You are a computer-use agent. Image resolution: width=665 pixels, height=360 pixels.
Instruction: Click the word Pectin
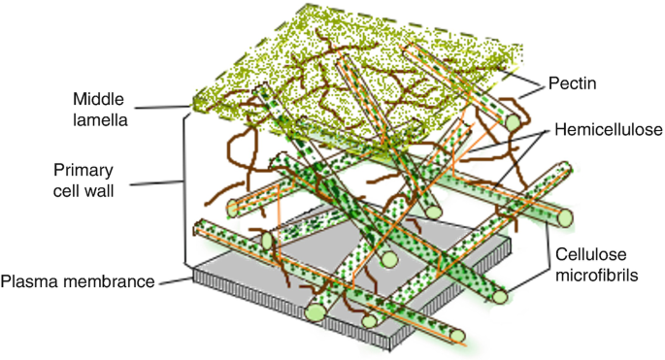click(x=572, y=83)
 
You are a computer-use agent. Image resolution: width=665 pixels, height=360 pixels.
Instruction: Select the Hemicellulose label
click(x=609, y=130)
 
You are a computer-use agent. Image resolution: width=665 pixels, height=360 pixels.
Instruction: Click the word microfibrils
click(x=597, y=276)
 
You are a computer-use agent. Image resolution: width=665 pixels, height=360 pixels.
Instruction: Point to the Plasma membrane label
click(x=78, y=281)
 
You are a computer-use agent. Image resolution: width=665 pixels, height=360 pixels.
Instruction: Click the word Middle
click(x=98, y=99)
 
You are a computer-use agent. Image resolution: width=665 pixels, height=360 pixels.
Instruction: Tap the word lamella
click(x=100, y=120)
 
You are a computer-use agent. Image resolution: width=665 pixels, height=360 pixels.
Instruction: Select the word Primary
click(x=83, y=171)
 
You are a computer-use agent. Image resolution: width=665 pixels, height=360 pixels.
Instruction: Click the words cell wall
click(x=83, y=191)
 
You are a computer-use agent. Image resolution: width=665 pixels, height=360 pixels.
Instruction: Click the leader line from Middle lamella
click(x=163, y=108)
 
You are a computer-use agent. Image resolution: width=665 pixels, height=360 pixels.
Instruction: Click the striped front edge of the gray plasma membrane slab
click(x=291, y=307)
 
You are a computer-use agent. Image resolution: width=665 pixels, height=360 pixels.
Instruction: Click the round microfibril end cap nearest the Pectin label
click(x=513, y=123)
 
